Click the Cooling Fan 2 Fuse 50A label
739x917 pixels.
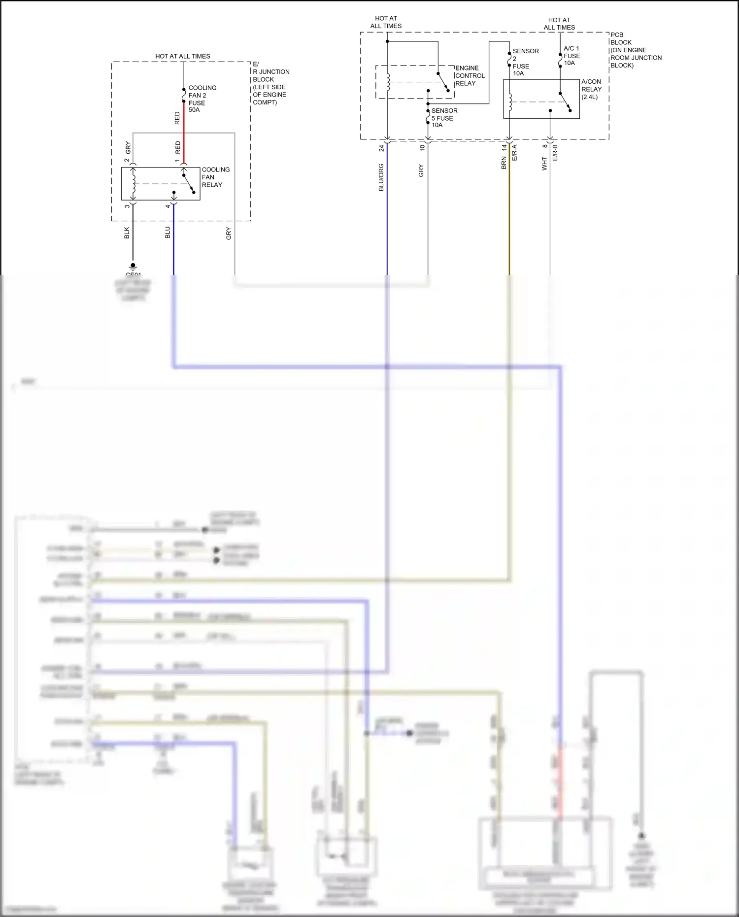202,99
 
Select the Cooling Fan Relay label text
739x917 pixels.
215,177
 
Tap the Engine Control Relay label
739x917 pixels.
470,76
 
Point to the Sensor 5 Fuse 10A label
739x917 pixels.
444,118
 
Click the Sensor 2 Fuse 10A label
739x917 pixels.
525,62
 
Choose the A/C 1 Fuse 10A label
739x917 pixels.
571,56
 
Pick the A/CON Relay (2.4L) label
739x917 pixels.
591,89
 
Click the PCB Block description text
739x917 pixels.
636,50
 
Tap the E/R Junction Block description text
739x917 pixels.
270,83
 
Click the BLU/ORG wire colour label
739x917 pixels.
381,177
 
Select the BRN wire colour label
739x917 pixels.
504,163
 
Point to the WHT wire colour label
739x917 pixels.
544,164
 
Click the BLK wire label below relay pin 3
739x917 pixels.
127,233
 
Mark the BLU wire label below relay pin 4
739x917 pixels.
168,233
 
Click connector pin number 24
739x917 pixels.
381,148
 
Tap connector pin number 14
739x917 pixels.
504,147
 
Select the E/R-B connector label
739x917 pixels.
555,152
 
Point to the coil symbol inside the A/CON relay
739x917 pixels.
510,102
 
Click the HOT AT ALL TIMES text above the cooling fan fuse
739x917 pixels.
182,56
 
